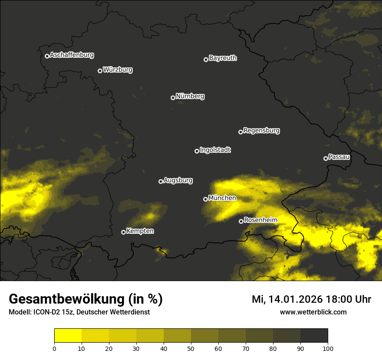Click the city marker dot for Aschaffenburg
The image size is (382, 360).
tap(47, 56)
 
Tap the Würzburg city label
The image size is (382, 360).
tap(118, 70)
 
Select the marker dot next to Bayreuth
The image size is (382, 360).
tap(206, 59)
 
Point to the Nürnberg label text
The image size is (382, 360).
tap(190, 96)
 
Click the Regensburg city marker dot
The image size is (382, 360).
tap(240, 132)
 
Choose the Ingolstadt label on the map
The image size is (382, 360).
tap(215, 150)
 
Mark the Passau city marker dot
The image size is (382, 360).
tap(326, 158)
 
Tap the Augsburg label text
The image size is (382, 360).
tap(178, 180)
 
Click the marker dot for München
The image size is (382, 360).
tap(205, 200)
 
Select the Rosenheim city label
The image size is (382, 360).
tap(260, 220)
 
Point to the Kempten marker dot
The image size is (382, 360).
tap(123, 232)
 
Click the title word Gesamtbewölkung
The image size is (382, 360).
tap(68, 299)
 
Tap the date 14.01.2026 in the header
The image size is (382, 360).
tap(293, 299)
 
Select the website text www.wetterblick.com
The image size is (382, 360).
tap(313, 312)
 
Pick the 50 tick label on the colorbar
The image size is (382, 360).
tap(191, 348)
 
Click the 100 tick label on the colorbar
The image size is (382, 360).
tap(328, 348)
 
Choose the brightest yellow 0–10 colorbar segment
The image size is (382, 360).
tap(68, 336)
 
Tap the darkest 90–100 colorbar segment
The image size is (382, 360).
tap(314, 336)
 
